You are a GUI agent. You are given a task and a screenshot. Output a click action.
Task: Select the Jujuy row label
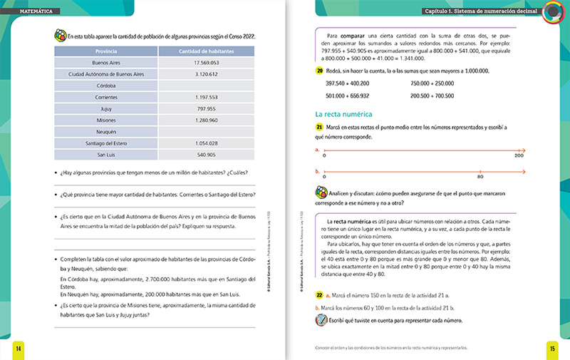105,108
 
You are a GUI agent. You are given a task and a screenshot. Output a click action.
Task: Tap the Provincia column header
105,51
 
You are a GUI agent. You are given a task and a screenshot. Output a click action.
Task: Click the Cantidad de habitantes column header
206,51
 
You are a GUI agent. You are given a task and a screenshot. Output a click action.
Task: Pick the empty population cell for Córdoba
206,86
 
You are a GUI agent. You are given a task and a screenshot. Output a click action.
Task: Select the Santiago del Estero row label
105,143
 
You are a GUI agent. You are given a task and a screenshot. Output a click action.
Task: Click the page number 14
19,347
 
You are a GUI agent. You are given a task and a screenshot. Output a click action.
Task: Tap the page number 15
551,347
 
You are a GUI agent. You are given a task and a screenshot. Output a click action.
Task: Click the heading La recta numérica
345,113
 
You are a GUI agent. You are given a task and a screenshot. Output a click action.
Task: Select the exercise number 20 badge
319,71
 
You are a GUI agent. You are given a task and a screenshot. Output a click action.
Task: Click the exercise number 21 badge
319,127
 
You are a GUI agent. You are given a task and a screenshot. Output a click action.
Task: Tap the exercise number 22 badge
319,293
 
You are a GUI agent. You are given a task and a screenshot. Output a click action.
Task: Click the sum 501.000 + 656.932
347,95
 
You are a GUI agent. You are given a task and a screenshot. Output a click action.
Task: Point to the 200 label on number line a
519,155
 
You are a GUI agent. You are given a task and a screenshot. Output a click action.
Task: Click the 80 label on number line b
480,176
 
